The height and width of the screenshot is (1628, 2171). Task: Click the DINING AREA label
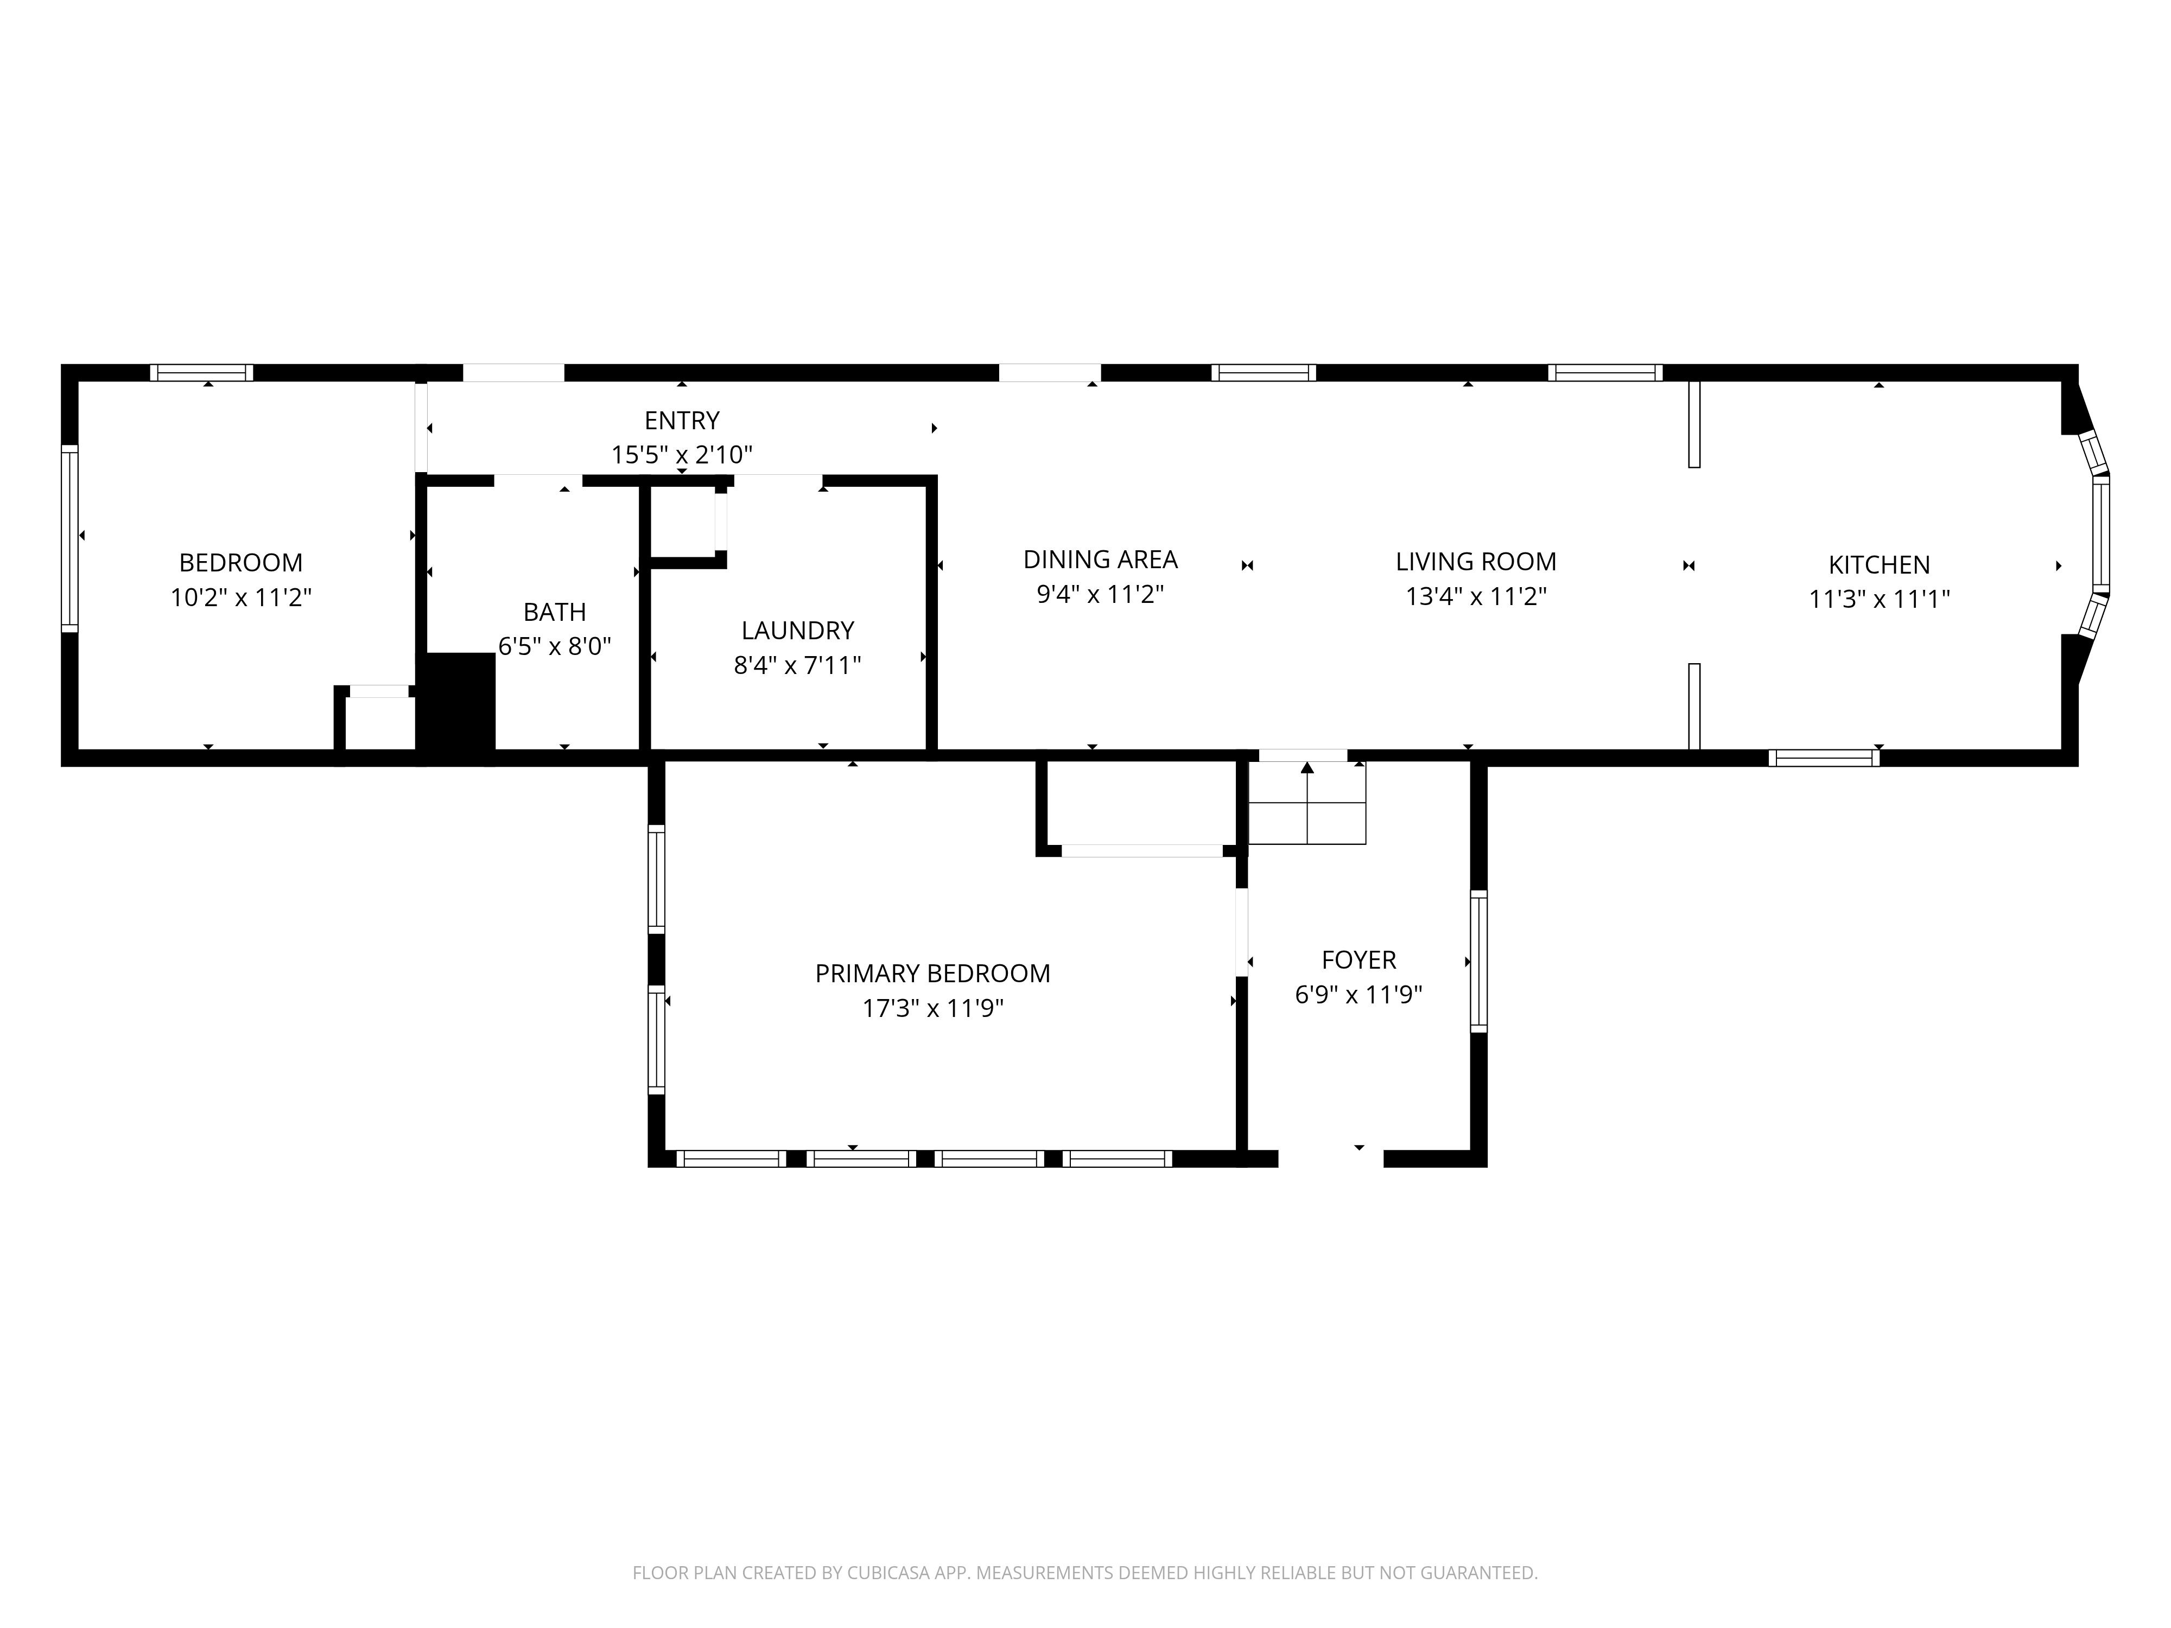(1100, 559)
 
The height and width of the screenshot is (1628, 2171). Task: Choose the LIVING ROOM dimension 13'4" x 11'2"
(1476, 596)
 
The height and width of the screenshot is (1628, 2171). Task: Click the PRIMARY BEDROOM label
(932, 974)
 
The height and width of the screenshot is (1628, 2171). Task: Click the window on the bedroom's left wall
(69, 539)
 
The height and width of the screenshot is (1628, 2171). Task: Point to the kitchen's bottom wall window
(1824, 758)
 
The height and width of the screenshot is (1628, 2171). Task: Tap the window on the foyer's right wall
(1478, 961)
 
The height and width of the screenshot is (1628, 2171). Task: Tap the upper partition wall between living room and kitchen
(1694, 424)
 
